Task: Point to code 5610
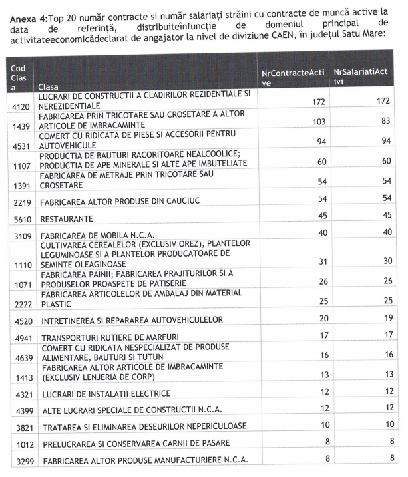pos(19,218)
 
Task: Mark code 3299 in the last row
pos(19,460)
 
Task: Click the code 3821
pos(19,426)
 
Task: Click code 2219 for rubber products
pos(19,201)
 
